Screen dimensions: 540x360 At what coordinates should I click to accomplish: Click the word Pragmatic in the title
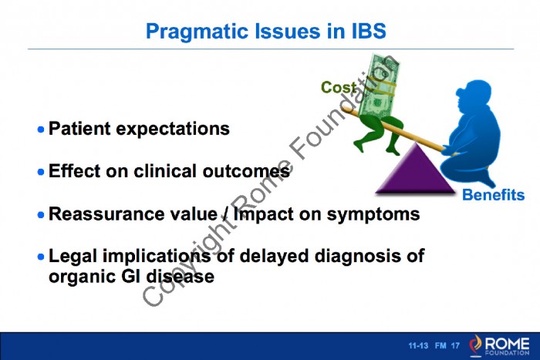pyautogui.click(x=197, y=32)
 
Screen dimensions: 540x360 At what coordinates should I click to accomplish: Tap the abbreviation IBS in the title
pyautogui.click(x=369, y=31)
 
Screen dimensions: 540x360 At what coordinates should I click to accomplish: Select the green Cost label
pyautogui.click(x=338, y=87)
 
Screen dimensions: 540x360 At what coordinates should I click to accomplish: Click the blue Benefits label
pyautogui.click(x=493, y=195)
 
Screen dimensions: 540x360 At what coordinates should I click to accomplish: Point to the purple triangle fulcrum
pyautogui.click(x=415, y=172)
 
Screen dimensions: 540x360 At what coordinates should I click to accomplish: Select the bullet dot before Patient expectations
pyautogui.click(x=41, y=130)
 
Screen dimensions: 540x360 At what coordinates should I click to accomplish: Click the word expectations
pyautogui.click(x=173, y=130)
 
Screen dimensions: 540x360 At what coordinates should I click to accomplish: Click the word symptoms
pyautogui.click(x=373, y=215)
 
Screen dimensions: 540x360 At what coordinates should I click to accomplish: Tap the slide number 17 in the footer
pyautogui.click(x=455, y=345)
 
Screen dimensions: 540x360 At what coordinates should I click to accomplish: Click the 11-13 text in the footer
pyautogui.click(x=418, y=345)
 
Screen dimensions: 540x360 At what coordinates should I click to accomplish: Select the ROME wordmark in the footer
pyautogui.click(x=507, y=343)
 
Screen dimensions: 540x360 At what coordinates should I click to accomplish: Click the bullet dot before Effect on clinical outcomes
pyautogui.click(x=41, y=172)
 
